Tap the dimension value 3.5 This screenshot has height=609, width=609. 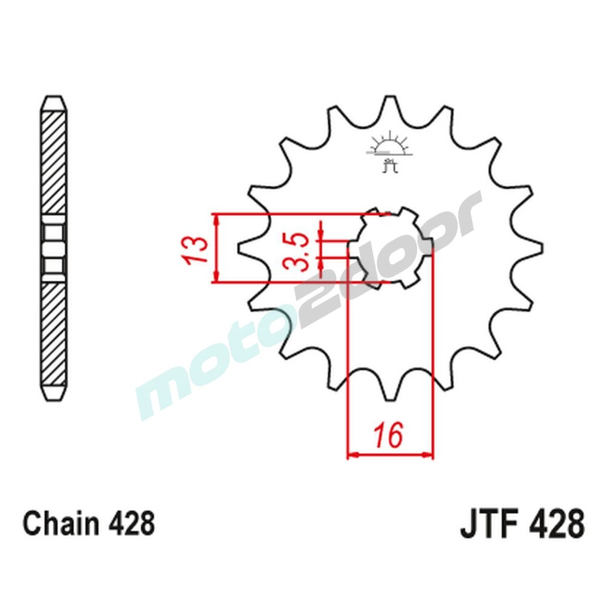(298, 248)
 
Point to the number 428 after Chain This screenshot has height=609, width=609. (132, 524)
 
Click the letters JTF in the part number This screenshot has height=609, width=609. (487, 525)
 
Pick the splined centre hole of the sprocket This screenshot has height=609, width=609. (390, 247)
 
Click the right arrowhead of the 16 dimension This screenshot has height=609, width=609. (429, 454)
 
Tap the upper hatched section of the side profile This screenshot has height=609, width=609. (54, 161)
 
